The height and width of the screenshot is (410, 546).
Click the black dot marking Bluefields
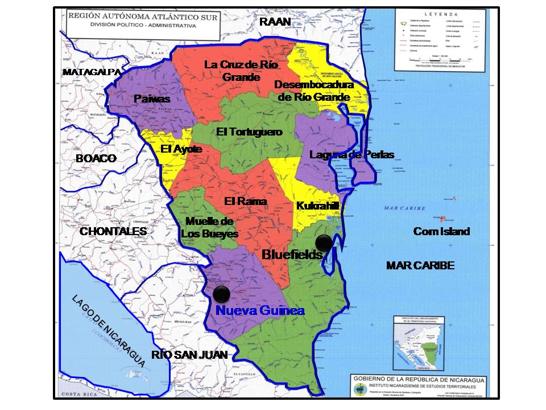click(324, 243)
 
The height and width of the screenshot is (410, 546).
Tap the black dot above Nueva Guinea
click(221, 294)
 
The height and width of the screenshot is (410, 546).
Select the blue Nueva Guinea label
click(260, 311)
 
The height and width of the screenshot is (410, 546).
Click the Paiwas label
click(152, 99)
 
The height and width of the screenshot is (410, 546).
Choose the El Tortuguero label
click(249, 132)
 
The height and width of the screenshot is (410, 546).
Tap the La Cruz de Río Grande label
click(241, 71)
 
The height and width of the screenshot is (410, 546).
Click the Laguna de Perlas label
click(351, 155)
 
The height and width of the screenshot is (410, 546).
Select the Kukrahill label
click(317, 206)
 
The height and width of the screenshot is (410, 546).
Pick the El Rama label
click(245, 201)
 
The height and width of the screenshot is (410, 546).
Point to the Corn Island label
click(441, 231)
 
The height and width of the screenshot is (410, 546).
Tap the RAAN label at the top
click(275, 22)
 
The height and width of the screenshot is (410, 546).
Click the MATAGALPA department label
click(92, 72)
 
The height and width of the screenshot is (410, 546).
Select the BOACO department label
click(96, 159)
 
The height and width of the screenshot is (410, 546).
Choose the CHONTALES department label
click(113, 231)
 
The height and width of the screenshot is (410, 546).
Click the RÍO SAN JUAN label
click(189, 355)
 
